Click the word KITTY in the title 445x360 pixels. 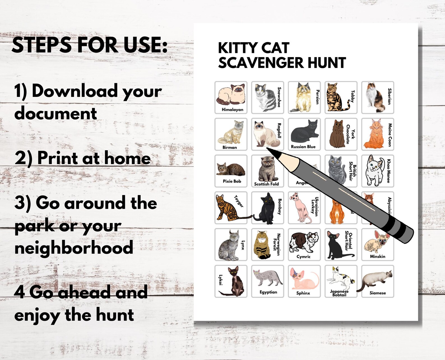[237, 48]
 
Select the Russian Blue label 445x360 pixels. [303, 147]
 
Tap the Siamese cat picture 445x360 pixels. [374, 281]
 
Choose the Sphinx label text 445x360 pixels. [303, 293]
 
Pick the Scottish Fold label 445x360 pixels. [266, 184]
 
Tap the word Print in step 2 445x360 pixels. [57, 158]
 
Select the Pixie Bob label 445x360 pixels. [232, 181]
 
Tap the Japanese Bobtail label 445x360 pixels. [339, 293]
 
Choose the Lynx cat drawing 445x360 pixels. [228, 247]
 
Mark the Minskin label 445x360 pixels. [377, 256]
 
